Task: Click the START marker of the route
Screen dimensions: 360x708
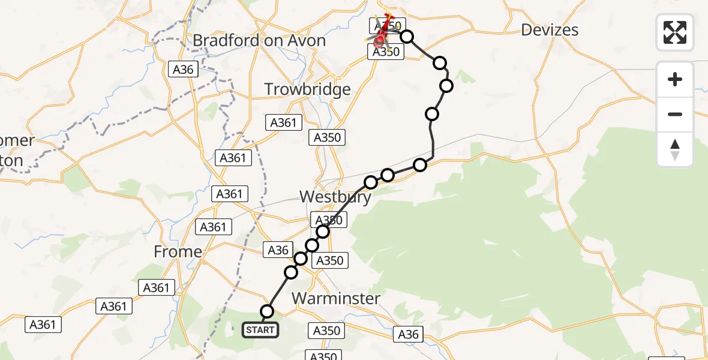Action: tap(260, 330)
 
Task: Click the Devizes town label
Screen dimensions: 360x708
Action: tap(550, 30)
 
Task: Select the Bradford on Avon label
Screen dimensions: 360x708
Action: tap(259, 41)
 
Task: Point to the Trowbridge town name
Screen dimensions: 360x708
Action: tap(307, 90)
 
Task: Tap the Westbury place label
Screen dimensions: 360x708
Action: tap(335, 197)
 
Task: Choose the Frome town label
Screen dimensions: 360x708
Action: tap(178, 252)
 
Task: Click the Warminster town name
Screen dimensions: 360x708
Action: tap(336, 298)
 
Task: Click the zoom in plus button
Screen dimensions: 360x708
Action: tap(675, 79)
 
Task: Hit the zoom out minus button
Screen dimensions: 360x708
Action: tap(675, 114)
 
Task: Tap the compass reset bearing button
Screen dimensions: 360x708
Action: tap(675, 149)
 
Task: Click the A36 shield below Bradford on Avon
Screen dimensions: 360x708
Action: tap(183, 70)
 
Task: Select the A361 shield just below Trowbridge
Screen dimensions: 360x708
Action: tap(283, 122)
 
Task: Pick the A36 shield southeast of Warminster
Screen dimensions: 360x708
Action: tap(409, 334)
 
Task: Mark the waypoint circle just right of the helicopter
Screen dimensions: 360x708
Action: tap(407, 37)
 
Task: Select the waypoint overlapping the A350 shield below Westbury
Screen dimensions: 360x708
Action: tap(323, 232)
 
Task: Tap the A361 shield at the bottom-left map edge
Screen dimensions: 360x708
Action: tap(44, 325)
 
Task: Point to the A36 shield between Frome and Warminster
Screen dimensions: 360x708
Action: tap(278, 250)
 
